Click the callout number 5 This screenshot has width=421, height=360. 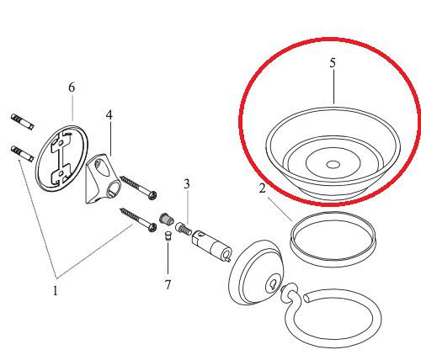(x=333, y=63)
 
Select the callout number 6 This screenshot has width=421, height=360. (x=72, y=87)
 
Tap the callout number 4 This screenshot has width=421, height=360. (x=109, y=115)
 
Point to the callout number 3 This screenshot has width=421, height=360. (x=187, y=184)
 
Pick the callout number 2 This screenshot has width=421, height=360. (x=262, y=188)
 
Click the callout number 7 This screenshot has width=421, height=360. (x=168, y=284)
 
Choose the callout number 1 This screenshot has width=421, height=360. (x=56, y=291)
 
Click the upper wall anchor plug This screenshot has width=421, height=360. (x=23, y=122)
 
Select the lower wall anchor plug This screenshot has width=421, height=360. (x=23, y=154)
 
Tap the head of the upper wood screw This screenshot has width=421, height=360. (x=152, y=195)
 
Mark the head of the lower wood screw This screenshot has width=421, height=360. (x=152, y=228)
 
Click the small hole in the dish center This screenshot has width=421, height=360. (x=333, y=165)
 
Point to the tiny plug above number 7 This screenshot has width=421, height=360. (x=168, y=236)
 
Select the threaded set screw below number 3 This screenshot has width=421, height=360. (x=184, y=229)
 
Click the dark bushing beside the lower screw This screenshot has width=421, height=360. (x=167, y=219)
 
